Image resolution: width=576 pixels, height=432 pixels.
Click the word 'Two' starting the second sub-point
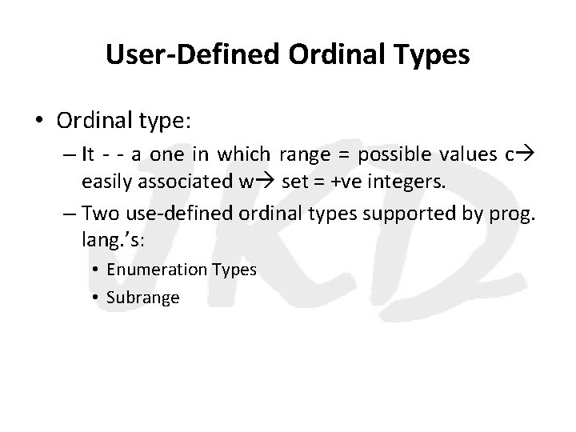point(99,213)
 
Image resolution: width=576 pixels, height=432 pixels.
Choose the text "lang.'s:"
point(109,238)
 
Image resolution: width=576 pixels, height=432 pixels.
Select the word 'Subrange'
point(142,298)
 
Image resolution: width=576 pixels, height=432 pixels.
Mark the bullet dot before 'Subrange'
point(96,298)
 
